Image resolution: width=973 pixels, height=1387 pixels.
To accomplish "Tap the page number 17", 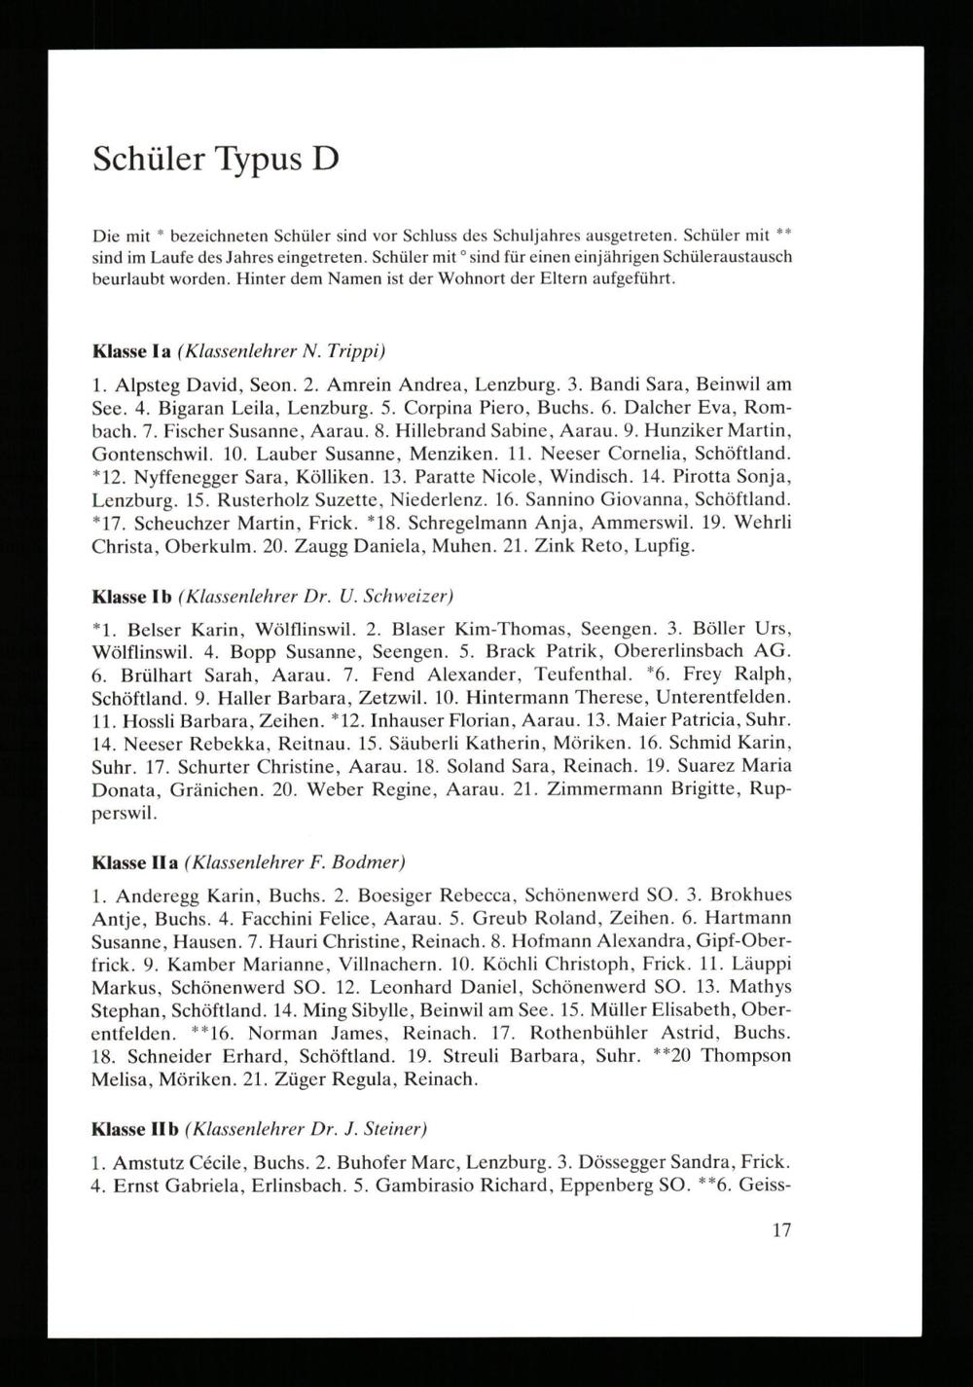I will (x=781, y=1230).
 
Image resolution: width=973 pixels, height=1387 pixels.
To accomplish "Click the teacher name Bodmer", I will (x=369, y=861).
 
